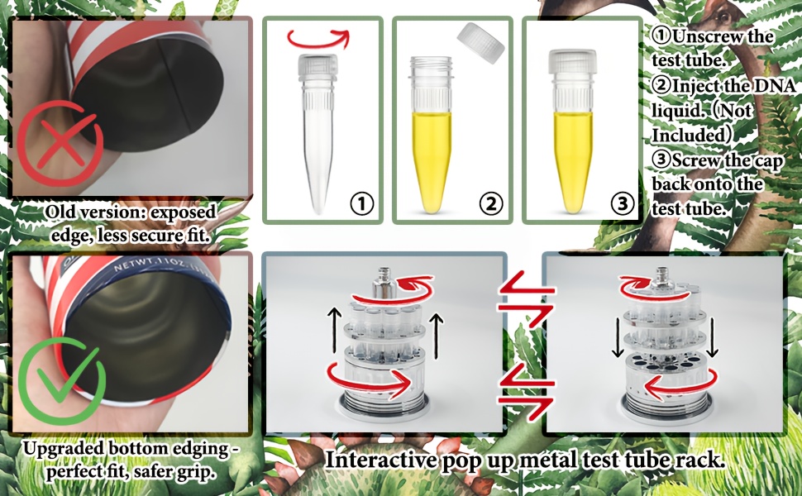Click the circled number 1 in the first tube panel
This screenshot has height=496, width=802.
361,203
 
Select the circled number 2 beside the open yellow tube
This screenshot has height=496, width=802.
491,203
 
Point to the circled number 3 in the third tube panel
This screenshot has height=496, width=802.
622,203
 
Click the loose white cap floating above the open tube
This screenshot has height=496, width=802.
481,43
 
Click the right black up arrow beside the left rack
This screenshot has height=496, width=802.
437,336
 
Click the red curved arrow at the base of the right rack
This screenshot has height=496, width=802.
680,384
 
